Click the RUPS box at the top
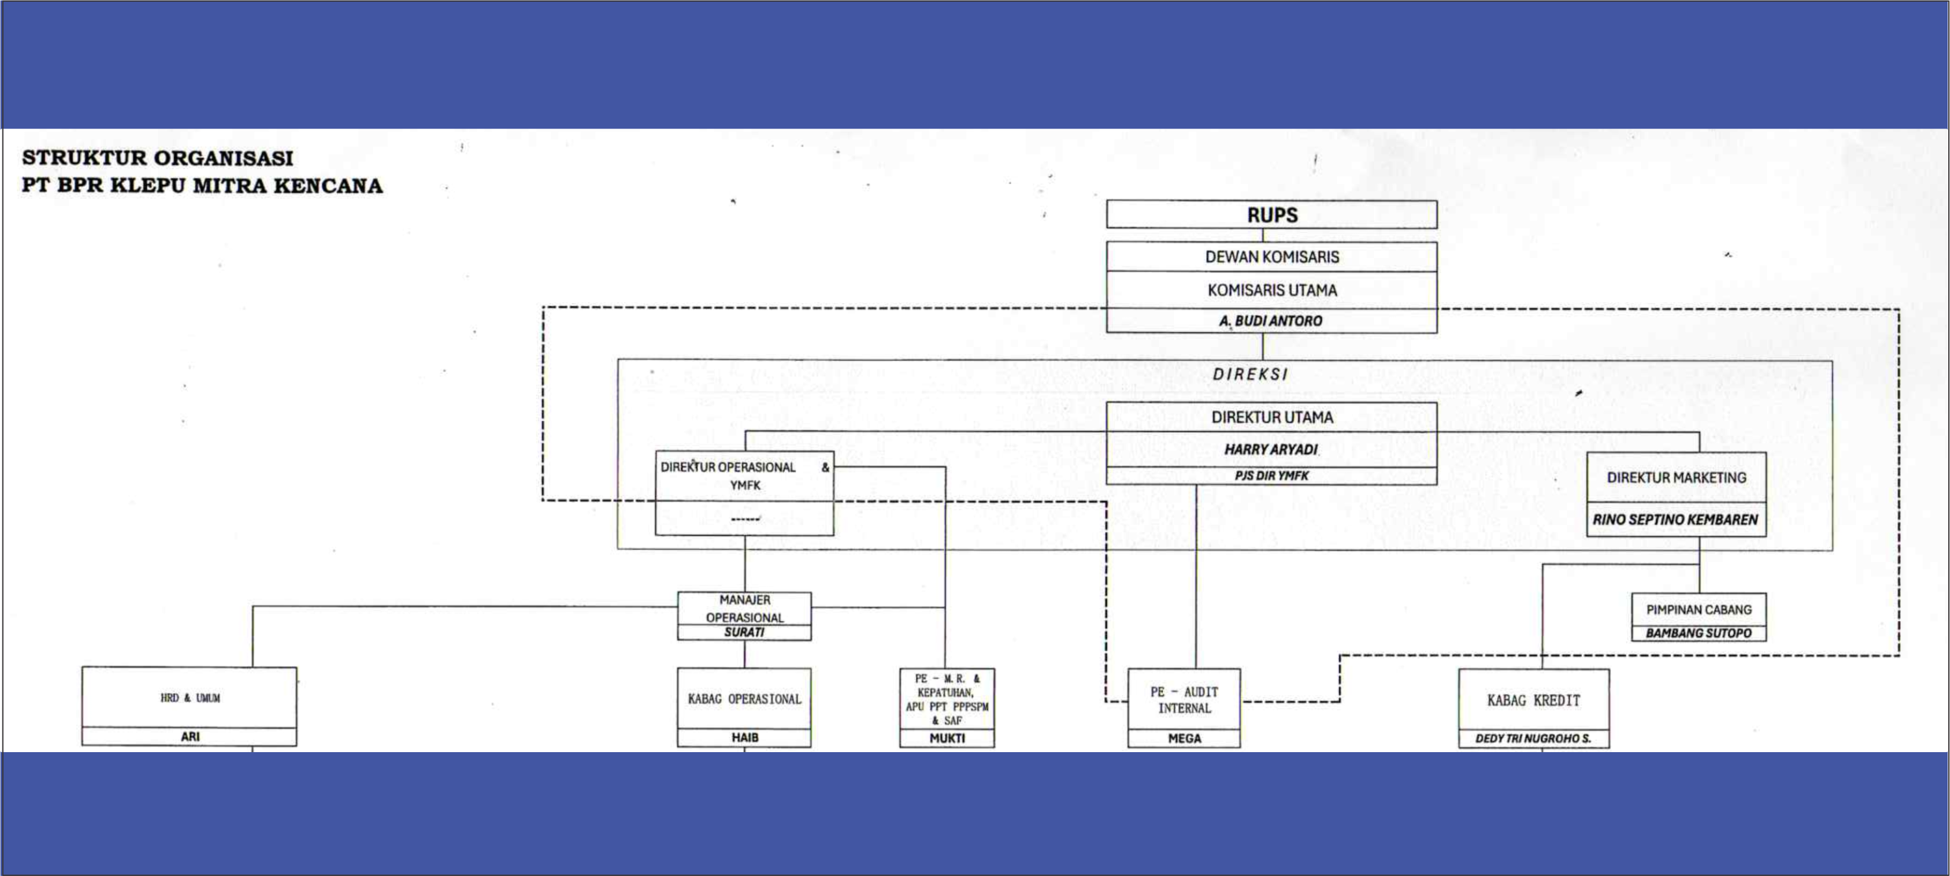1272,215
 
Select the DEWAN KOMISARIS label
1272,257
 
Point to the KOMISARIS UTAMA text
1272,290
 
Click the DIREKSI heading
1250,374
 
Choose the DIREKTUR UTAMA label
1272,417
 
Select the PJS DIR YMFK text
1272,475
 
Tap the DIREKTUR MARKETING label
1676,478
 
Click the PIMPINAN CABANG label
1698,609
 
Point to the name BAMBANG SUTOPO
1698,633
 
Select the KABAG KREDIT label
1534,701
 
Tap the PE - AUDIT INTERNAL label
1184,699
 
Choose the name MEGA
1184,738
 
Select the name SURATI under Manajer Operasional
744,632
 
